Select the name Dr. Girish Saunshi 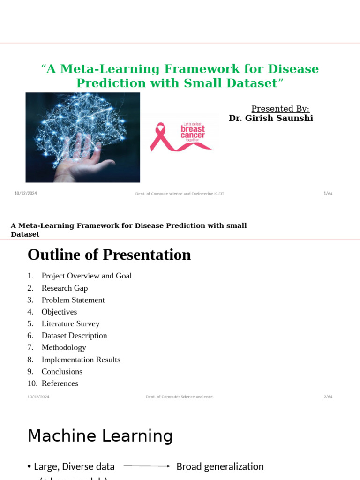pos(270,118)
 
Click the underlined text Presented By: pos(280,109)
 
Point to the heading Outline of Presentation pos(109,255)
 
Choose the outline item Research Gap pos(65,288)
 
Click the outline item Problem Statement pos(73,300)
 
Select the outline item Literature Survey pos(70,323)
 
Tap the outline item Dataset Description pos(74,336)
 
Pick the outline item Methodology pos(64,347)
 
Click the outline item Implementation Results pos(81,360)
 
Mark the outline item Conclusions pos(62,371)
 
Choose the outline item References pos(60,383)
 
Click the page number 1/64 pos(328,194)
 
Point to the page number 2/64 pos(328,397)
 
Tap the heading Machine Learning pos(100,436)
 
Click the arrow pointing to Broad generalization pos(146,466)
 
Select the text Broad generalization pos(220,466)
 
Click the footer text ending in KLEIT pos(180,194)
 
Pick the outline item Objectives pos(59,312)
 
